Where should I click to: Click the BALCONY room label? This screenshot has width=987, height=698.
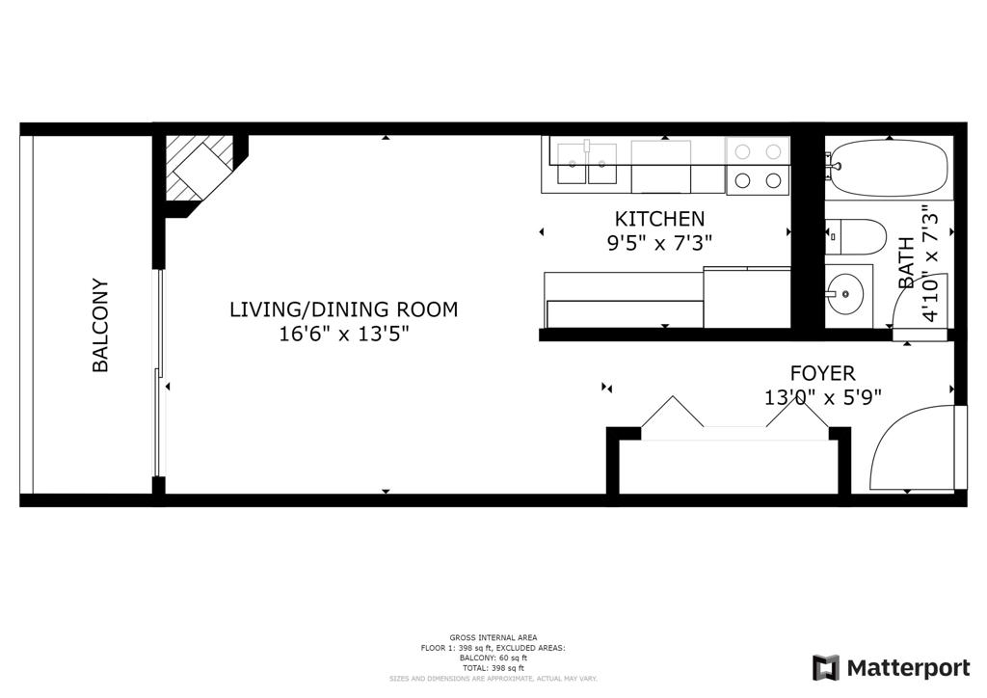tap(100, 325)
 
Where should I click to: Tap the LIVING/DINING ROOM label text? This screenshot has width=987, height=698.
tap(344, 309)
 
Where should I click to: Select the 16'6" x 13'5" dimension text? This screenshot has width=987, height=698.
tap(344, 334)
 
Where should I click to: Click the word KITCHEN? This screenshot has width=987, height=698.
tap(659, 219)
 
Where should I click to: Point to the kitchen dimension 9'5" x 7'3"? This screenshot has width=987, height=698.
tap(659, 243)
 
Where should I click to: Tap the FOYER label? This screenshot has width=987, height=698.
tap(823, 373)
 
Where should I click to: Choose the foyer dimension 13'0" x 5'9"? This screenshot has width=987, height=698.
tap(823, 398)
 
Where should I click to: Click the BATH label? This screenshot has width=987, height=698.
tap(906, 262)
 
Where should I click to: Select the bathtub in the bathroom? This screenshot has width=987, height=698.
tap(887, 168)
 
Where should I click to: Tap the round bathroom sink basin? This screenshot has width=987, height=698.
tap(844, 293)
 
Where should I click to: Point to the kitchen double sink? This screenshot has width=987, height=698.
tap(587, 163)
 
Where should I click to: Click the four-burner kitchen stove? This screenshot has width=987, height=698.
tap(758, 166)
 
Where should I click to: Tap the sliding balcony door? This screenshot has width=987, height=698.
tap(159, 373)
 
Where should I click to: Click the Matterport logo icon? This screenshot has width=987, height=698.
tap(826, 668)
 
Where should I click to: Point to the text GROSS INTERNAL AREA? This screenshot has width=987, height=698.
tap(493, 637)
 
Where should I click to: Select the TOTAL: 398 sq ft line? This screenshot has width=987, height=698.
tap(493, 668)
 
